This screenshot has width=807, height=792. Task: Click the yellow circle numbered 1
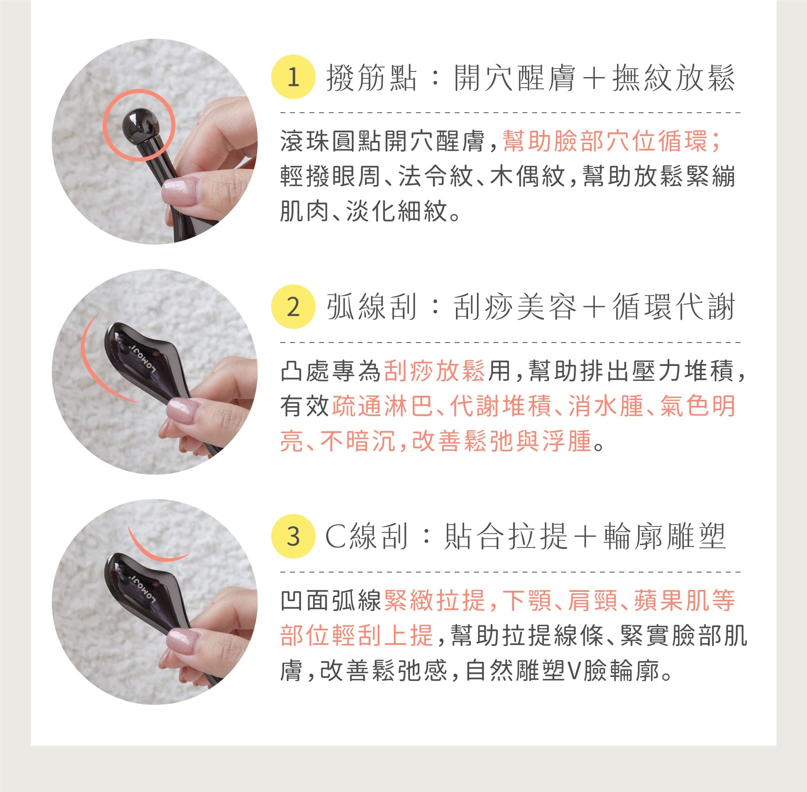click(293, 77)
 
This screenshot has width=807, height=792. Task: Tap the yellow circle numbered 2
click(293, 307)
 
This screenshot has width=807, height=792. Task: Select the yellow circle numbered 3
click(293, 536)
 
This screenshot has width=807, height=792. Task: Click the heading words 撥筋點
click(371, 78)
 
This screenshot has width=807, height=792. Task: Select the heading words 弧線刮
click(371, 307)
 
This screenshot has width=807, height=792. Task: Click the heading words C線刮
click(366, 537)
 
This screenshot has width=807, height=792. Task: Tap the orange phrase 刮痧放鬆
click(434, 370)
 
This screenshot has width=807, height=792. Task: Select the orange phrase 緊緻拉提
click(435, 600)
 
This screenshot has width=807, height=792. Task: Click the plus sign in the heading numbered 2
click(594, 308)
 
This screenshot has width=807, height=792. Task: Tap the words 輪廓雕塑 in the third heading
click(665, 537)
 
